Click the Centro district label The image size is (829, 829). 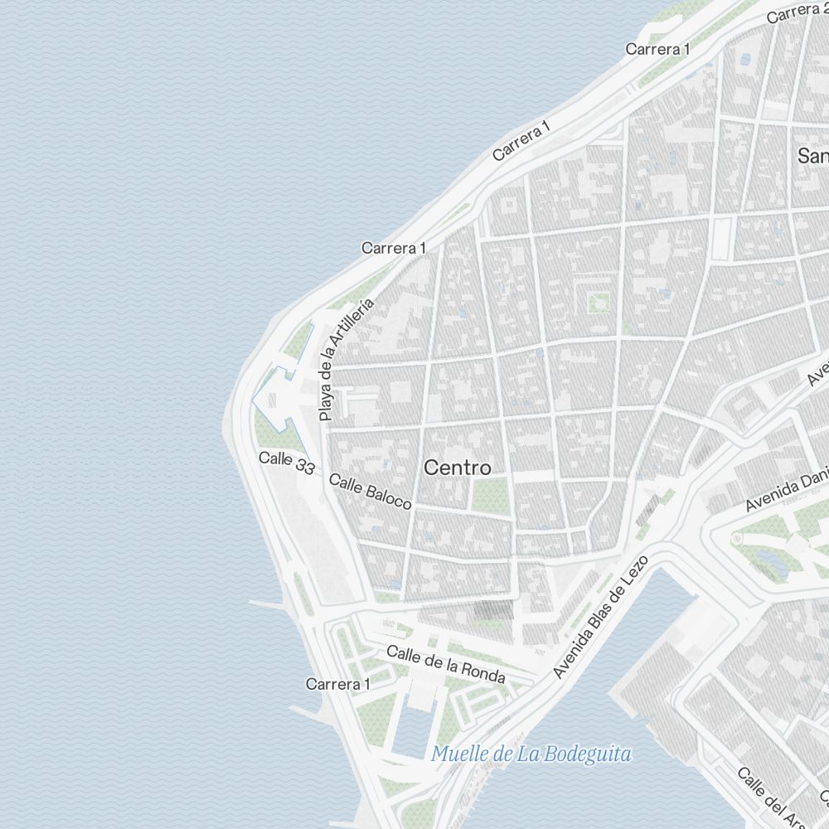pyautogui.click(x=457, y=468)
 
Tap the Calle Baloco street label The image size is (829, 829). pyautogui.click(x=370, y=492)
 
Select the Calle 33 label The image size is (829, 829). pyautogui.click(x=287, y=463)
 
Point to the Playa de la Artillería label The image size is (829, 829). pyautogui.click(x=347, y=358)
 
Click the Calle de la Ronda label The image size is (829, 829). pyautogui.click(x=446, y=665)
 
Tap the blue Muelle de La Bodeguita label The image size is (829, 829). pyautogui.click(x=531, y=754)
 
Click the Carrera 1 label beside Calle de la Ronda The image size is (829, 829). pyautogui.click(x=337, y=684)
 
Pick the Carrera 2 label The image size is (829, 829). pyautogui.click(x=796, y=12)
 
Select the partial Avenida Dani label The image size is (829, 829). pyautogui.click(x=786, y=493)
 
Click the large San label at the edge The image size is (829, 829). pyautogui.click(x=812, y=155)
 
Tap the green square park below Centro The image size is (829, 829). pyautogui.click(x=490, y=495)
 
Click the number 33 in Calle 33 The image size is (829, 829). pyautogui.click(x=304, y=468)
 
